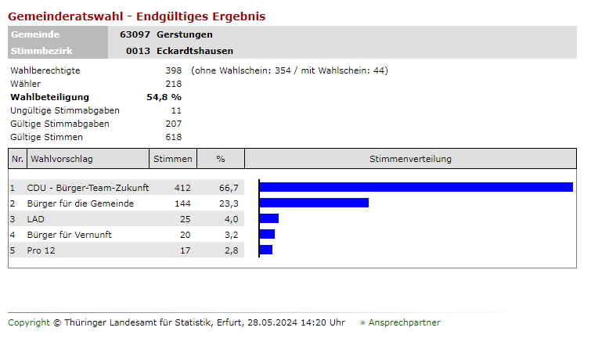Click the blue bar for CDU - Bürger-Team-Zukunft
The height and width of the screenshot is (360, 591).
pos(416,187)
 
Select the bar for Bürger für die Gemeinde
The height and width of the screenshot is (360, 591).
pos(314,203)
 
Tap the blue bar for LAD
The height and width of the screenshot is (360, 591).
pos(268,218)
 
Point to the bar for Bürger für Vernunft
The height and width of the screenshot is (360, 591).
pos(267,234)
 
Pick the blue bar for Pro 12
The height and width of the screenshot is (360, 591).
pos(265,250)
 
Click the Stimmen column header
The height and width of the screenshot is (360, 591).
pos(172,159)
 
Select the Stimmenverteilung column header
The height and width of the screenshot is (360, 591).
pos(410,159)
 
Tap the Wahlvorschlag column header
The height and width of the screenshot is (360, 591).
pos(62,159)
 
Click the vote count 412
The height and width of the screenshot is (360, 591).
pos(182,188)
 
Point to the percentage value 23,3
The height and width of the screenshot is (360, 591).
pos(229,203)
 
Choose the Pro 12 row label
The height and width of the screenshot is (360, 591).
pos(41,250)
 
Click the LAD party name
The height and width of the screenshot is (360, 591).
pos(36,219)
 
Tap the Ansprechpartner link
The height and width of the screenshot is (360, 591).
pos(404,322)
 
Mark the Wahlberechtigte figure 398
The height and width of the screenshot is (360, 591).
pos(173,70)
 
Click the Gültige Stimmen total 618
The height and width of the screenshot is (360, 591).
pos(173,137)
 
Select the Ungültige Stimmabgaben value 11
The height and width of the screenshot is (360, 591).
pos(176,110)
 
